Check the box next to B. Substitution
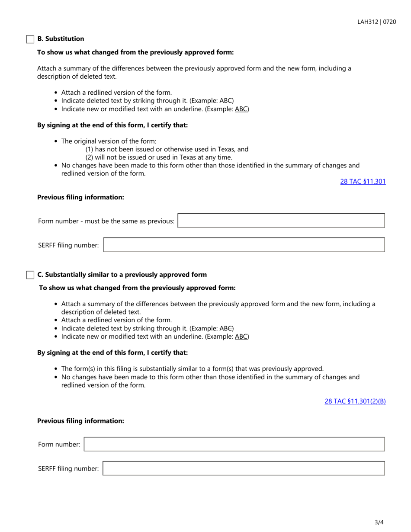(x=30, y=39)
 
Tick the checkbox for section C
(x=30, y=275)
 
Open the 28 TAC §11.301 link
(x=363, y=182)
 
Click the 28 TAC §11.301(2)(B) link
(x=355, y=401)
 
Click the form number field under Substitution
(x=281, y=221)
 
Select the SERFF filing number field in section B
(x=244, y=245)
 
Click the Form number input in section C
(x=234, y=444)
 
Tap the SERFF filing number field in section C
(x=244, y=468)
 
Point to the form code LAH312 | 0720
(x=376, y=22)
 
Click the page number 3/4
(x=379, y=522)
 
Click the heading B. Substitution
(x=61, y=39)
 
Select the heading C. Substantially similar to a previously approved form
(x=122, y=275)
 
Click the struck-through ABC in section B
(x=227, y=101)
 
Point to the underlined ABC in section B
(x=241, y=109)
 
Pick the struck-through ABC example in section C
(x=227, y=329)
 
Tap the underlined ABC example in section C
(x=241, y=337)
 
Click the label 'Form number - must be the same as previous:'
(x=106, y=221)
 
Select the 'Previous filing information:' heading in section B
(x=80, y=197)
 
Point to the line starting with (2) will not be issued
(x=159, y=157)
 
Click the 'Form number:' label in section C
(x=59, y=444)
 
